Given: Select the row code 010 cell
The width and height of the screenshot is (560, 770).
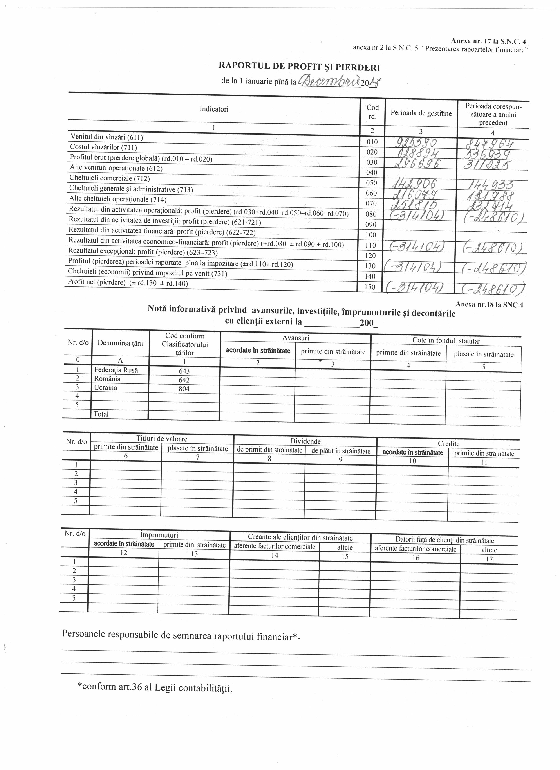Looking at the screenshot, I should coord(372,142).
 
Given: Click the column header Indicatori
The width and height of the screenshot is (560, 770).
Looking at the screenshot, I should coord(214,109).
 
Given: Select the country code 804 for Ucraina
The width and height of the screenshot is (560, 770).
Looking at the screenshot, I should coord(184,389).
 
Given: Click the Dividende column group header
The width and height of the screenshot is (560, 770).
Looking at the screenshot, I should coord(305,441).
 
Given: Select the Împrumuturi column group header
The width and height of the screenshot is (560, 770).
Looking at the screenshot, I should coord(159,535).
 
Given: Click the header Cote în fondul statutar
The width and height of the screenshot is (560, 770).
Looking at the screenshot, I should coord(446,340).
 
